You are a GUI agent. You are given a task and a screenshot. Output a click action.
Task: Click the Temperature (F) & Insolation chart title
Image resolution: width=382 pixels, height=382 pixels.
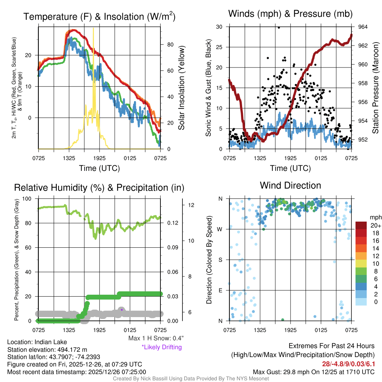coord(99,17)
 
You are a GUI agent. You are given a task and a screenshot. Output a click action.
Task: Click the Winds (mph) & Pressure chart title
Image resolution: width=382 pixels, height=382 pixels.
coord(291,14)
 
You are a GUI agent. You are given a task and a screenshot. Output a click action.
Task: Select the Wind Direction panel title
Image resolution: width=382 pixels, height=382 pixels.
coord(290,185)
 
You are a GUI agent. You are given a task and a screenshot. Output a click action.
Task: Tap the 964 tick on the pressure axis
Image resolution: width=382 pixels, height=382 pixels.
coord(363,27)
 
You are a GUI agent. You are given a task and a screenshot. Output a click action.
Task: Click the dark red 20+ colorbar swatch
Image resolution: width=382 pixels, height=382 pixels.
coord(362,226)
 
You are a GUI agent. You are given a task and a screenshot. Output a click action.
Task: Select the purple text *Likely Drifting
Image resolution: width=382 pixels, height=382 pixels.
coord(162,347)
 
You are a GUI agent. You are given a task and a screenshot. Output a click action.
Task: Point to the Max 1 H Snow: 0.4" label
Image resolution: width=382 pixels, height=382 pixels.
coord(156,338)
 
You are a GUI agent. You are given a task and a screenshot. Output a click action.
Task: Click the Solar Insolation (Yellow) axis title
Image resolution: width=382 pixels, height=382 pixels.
coord(182,88)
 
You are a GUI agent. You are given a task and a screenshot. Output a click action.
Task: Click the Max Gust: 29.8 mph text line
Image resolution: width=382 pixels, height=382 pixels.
coord(314,372)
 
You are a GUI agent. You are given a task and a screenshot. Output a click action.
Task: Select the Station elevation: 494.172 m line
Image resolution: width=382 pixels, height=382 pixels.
coord(47,350)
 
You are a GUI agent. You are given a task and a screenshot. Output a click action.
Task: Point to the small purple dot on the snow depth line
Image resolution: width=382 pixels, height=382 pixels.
coord(122,310)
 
